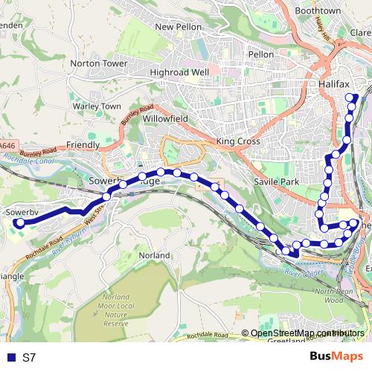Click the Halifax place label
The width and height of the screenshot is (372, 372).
coord(334,85)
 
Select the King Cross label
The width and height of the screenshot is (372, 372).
coord(235,141)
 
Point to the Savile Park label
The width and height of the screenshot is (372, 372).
coord(275,182)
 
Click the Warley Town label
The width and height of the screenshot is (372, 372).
coord(97,106)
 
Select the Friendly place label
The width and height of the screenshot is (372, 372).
coord(83,144)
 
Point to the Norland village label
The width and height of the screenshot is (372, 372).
coord(154,255)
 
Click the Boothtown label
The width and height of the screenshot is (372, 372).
coord(318,11)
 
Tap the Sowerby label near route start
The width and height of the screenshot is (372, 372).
coord(22,212)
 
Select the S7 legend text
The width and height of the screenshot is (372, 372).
coord(29,357)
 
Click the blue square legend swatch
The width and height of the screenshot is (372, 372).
coord(10,357)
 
